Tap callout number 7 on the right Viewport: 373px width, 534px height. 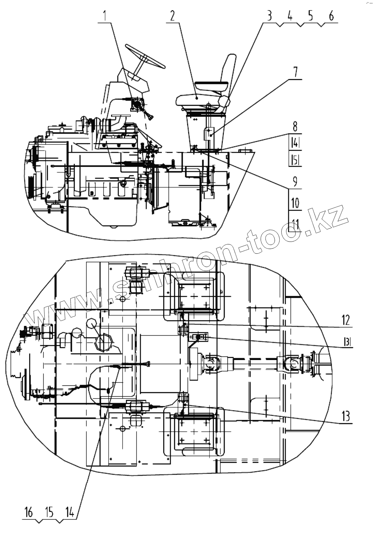coord(295,72)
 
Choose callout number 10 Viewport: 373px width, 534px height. coord(295,203)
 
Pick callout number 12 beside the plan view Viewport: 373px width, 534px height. coord(346,320)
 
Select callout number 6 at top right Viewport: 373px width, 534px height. coord(331,16)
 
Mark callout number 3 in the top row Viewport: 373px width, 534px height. coord(270,16)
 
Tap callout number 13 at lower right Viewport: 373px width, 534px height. coord(346,417)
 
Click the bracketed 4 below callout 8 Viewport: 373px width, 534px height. coord(295,142)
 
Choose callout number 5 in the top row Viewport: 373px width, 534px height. coord(310,16)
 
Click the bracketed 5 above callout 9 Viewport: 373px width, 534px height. coord(295,159)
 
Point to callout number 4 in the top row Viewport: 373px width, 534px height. coord(290,16)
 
